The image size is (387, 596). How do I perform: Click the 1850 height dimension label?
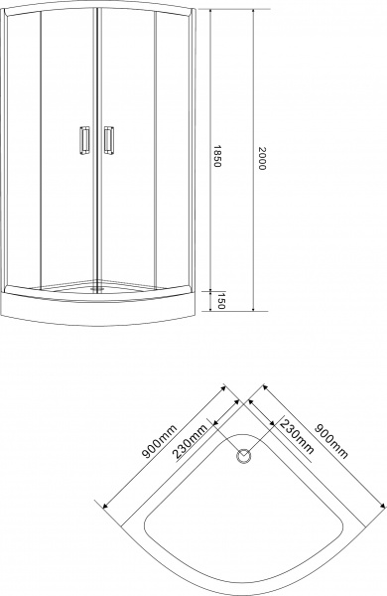[x=216, y=156]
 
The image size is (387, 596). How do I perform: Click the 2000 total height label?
[x=261, y=158]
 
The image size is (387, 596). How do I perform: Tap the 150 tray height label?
[x=221, y=301]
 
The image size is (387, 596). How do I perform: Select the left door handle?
[x=84, y=140]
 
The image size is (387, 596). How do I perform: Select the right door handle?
[x=109, y=140]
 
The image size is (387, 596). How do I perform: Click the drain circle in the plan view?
[x=243, y=456]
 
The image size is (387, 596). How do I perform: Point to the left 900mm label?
[x=159, y=441]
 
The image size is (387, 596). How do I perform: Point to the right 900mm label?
[x=331, y=441]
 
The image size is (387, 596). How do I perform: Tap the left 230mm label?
[x=190, y=442]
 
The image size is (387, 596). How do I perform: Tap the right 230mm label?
[x=297, y=436]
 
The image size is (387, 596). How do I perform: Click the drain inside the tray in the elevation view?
[x=97, y=288]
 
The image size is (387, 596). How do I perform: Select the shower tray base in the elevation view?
[x=98, y=308]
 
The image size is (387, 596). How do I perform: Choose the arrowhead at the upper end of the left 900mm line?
[x=223, y=388]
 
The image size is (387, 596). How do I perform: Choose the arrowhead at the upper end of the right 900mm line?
[x=265, y=388]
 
